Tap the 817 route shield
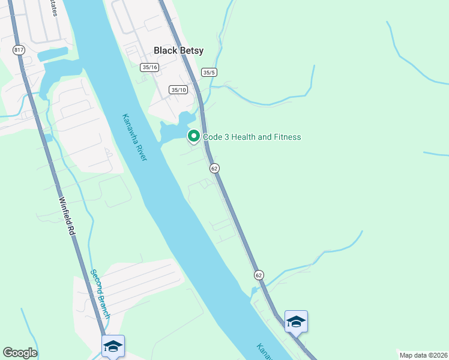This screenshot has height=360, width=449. (19, 49)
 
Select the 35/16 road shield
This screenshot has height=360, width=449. (149, 67)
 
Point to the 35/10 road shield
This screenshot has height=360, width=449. (179, 90)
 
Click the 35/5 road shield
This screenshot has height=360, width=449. (209, 73)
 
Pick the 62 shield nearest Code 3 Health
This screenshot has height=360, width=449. (214, 169)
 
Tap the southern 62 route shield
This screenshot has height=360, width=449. (258, 275)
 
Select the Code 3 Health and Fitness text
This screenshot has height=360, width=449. (252, 137)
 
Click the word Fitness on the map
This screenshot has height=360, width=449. (287, 137)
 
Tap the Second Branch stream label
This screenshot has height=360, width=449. (100, 293)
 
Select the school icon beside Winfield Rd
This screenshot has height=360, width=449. (113, 346)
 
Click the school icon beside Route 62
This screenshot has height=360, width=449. (296, 322)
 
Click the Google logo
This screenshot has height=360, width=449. (20, 353)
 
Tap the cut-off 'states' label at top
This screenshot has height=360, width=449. (55, 7)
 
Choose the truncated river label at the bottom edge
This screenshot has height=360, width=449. (265, 352)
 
